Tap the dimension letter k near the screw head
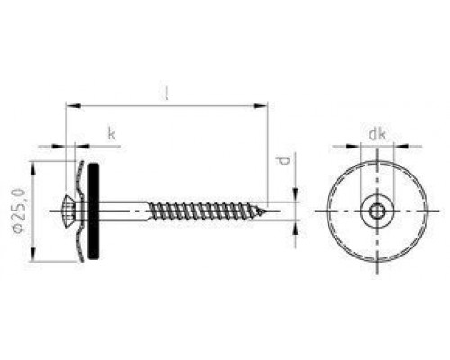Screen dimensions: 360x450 click(112, 135)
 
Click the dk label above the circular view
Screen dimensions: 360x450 click(377, 135)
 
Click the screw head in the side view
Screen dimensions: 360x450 click(73, 211)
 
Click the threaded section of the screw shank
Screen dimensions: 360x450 click(207, 211)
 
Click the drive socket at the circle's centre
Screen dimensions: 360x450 click(376, 212)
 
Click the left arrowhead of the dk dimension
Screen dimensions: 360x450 click(362, 145)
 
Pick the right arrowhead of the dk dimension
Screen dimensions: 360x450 click(391, 145)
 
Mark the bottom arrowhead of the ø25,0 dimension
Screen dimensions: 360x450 click(35, 259)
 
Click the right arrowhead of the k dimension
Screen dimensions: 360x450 click(85, 145)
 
